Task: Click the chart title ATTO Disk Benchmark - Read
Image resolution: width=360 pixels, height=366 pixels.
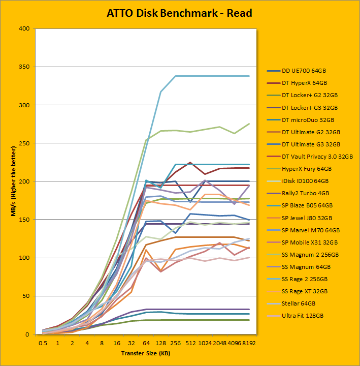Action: (x=179, y=13)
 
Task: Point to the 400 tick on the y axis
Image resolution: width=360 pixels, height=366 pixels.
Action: (x=24, y=28)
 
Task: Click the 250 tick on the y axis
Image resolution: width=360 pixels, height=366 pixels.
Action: (x=24, y=143)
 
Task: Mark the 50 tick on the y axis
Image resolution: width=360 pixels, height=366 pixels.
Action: (x=25, y=296)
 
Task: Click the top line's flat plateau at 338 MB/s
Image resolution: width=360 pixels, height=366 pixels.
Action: (x=213, y=76)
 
